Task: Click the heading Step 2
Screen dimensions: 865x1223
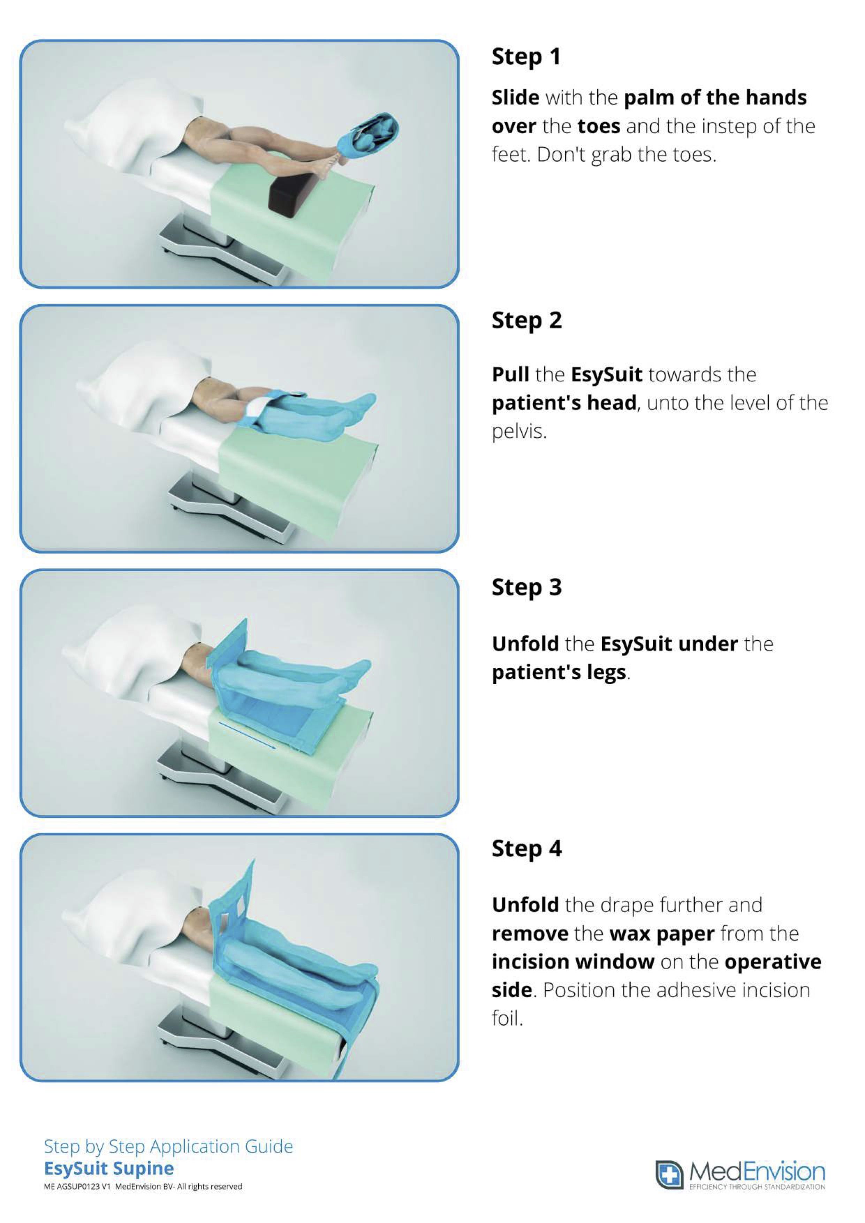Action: (x=526, y=320)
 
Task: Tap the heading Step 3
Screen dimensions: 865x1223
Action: (x=526, y=587)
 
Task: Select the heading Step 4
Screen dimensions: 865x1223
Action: (x=526, y=848)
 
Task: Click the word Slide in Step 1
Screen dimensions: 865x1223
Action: (x=515, y=98)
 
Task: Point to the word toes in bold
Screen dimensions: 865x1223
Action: (x=599, y=126)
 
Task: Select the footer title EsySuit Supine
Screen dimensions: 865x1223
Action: (x=109, y=1169)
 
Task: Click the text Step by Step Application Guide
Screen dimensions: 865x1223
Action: (x=168, y=1146)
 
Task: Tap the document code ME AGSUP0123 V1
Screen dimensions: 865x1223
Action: (x=77, y=1186)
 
